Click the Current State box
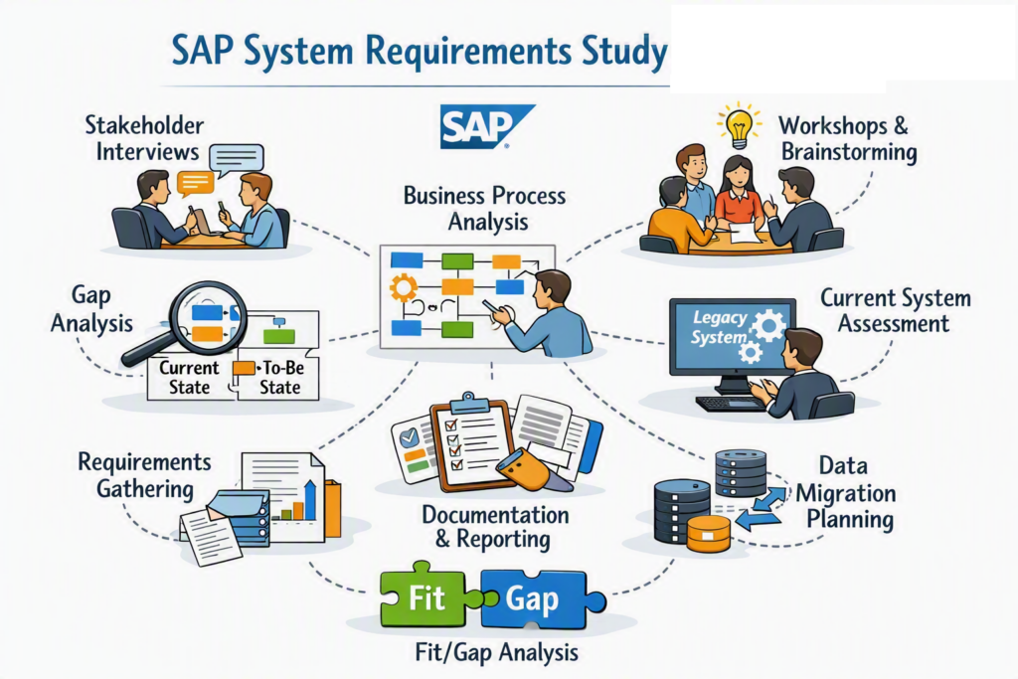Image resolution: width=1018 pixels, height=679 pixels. (x=190, y=377)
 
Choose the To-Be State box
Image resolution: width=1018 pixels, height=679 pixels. (x=279, y=377)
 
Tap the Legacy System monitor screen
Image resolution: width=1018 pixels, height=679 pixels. (x=733, y=336)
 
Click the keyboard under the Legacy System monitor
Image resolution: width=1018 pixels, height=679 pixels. (x=732, y=404)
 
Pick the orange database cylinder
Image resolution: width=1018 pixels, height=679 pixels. (x=708, y=534)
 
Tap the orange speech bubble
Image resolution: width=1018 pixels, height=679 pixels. (x=196, y=183)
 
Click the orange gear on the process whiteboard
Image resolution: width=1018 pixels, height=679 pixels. (x=404, y=287)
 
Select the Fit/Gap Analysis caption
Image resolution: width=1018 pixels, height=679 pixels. (x=497, y=652)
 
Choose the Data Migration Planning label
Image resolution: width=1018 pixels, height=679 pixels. (x=845, y=493)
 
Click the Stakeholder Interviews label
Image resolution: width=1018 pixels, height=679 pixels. (x=144, y=138)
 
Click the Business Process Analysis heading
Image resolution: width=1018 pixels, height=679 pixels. (x=484, y=209)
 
